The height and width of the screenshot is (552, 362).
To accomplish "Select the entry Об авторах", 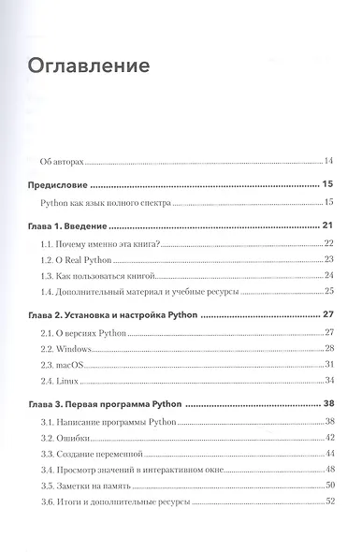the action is coord(69,161).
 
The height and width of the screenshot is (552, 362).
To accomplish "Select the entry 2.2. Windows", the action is coord(70,349).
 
